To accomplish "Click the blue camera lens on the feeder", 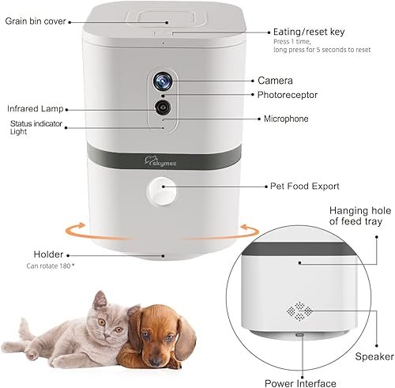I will [x=162, y=81].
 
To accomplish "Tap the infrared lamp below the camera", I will [x=162, y=106].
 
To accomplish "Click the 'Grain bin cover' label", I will [x=36, y=21].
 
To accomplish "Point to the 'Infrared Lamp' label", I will [x=36, y=107].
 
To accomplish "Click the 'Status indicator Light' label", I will [x=35, y=126].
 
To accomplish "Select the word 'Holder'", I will [x=48, y=254].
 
